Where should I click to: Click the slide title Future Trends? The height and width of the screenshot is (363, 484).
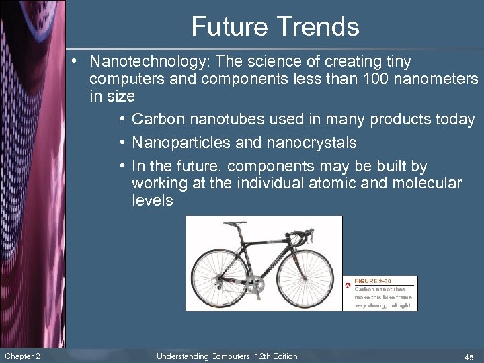[x=275, y=27]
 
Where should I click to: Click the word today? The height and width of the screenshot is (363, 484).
[x=455, y=120]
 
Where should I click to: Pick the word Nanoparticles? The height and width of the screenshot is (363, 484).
[x=177, y=143]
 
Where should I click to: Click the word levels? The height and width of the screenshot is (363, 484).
[x=153, y=200]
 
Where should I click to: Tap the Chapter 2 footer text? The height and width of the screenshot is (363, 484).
[x=22, y=356]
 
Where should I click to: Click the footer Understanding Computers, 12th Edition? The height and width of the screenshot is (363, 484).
[x=227, y=356]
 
